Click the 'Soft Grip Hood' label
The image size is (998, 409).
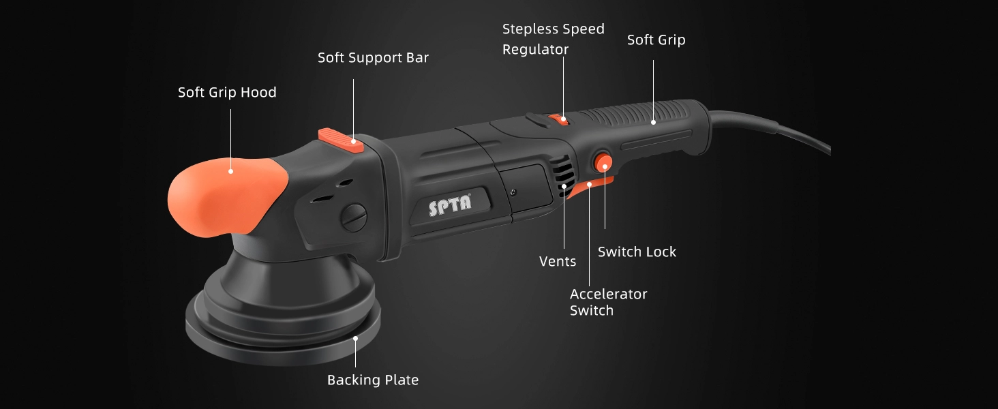coord(227,92)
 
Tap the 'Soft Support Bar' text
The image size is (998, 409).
coord(373,57)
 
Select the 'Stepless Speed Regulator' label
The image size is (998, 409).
coord(554,40)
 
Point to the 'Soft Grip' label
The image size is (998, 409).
coord(656,40)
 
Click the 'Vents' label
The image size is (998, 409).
coord(558,261)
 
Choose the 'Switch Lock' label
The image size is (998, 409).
coord(637,252)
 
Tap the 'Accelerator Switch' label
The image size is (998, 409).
coord(608,302)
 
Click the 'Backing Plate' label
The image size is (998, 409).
coord(373,380)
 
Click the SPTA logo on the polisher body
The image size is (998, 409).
coord(449,205)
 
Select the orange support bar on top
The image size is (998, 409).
coord(341,140)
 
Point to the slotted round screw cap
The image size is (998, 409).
coord(354,218)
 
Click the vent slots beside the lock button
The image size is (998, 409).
coord(564,175)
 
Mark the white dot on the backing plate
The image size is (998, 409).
coord(356,339)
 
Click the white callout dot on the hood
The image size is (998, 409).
coord(231,172)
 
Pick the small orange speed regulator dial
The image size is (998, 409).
coord(558,119)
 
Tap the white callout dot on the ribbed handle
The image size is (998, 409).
coord(654,123)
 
